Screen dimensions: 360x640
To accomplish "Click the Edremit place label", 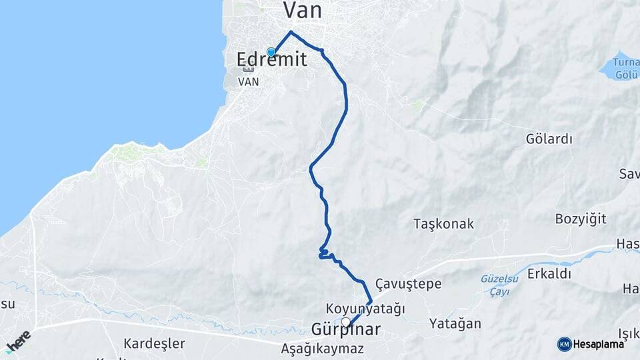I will pyautogui.click(x=272, y=60).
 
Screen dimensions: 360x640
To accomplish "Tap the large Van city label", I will pyautogui.click(x=303, y=10).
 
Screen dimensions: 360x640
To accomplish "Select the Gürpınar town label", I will pyautogui.click(x=346, y=330).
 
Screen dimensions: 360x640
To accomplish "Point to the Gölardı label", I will pyautogui.click(x=549, y=139).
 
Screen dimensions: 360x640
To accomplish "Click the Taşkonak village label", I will pyautogui.click(x=443, y=223).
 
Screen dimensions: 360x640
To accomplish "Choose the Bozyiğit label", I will pyautogui.click(x=581, y=219).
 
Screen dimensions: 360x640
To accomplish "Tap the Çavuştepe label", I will pyautogui.click(x=408, y=284).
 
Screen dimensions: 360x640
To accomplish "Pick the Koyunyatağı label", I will pyautogui.click(x=365, y=309).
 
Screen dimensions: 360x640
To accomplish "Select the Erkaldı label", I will pyautogui.click(x=549, y=273).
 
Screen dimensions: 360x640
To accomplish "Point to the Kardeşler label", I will pyautogui.click(x=154, y=343).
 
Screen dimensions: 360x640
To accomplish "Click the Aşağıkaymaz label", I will pyautogui.click(x=322, y=348).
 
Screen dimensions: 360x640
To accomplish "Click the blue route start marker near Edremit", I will pyautogui.click(x=271, y=52).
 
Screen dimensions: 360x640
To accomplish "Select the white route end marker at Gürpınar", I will pyautogui.click(x=346, y=322).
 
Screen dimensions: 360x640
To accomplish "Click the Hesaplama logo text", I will pyautogui.click(x=599, y=344).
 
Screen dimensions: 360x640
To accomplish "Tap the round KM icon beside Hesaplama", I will pyautogui.click(x=564, y=344).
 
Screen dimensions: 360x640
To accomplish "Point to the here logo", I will pyautogui.click(x=18, y=341).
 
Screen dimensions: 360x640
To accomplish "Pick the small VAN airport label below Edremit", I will pyautogui.click(x=249, y=83).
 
